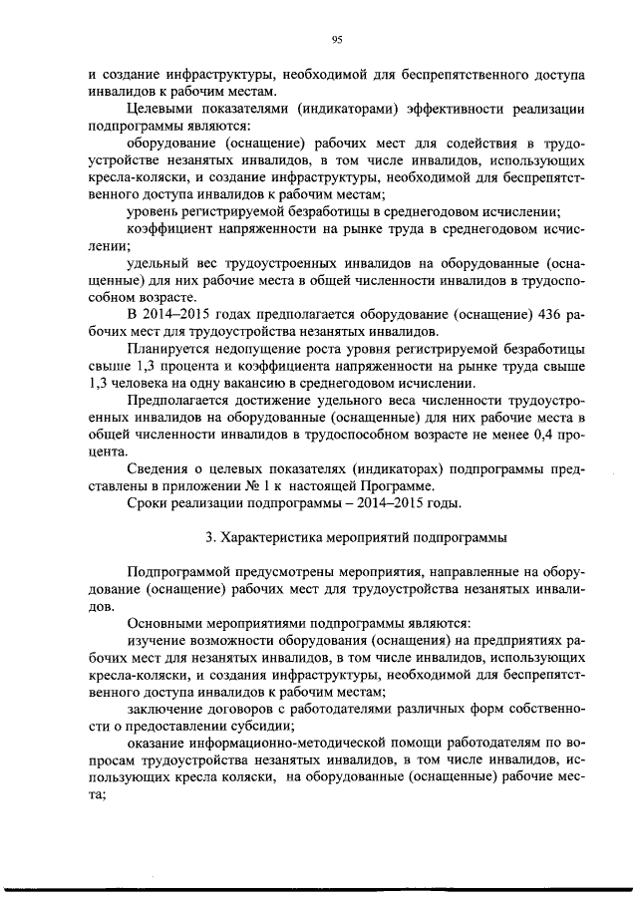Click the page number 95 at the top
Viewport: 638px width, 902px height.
[x=336, y=39]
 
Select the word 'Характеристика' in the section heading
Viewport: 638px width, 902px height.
[x=269, y=538]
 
